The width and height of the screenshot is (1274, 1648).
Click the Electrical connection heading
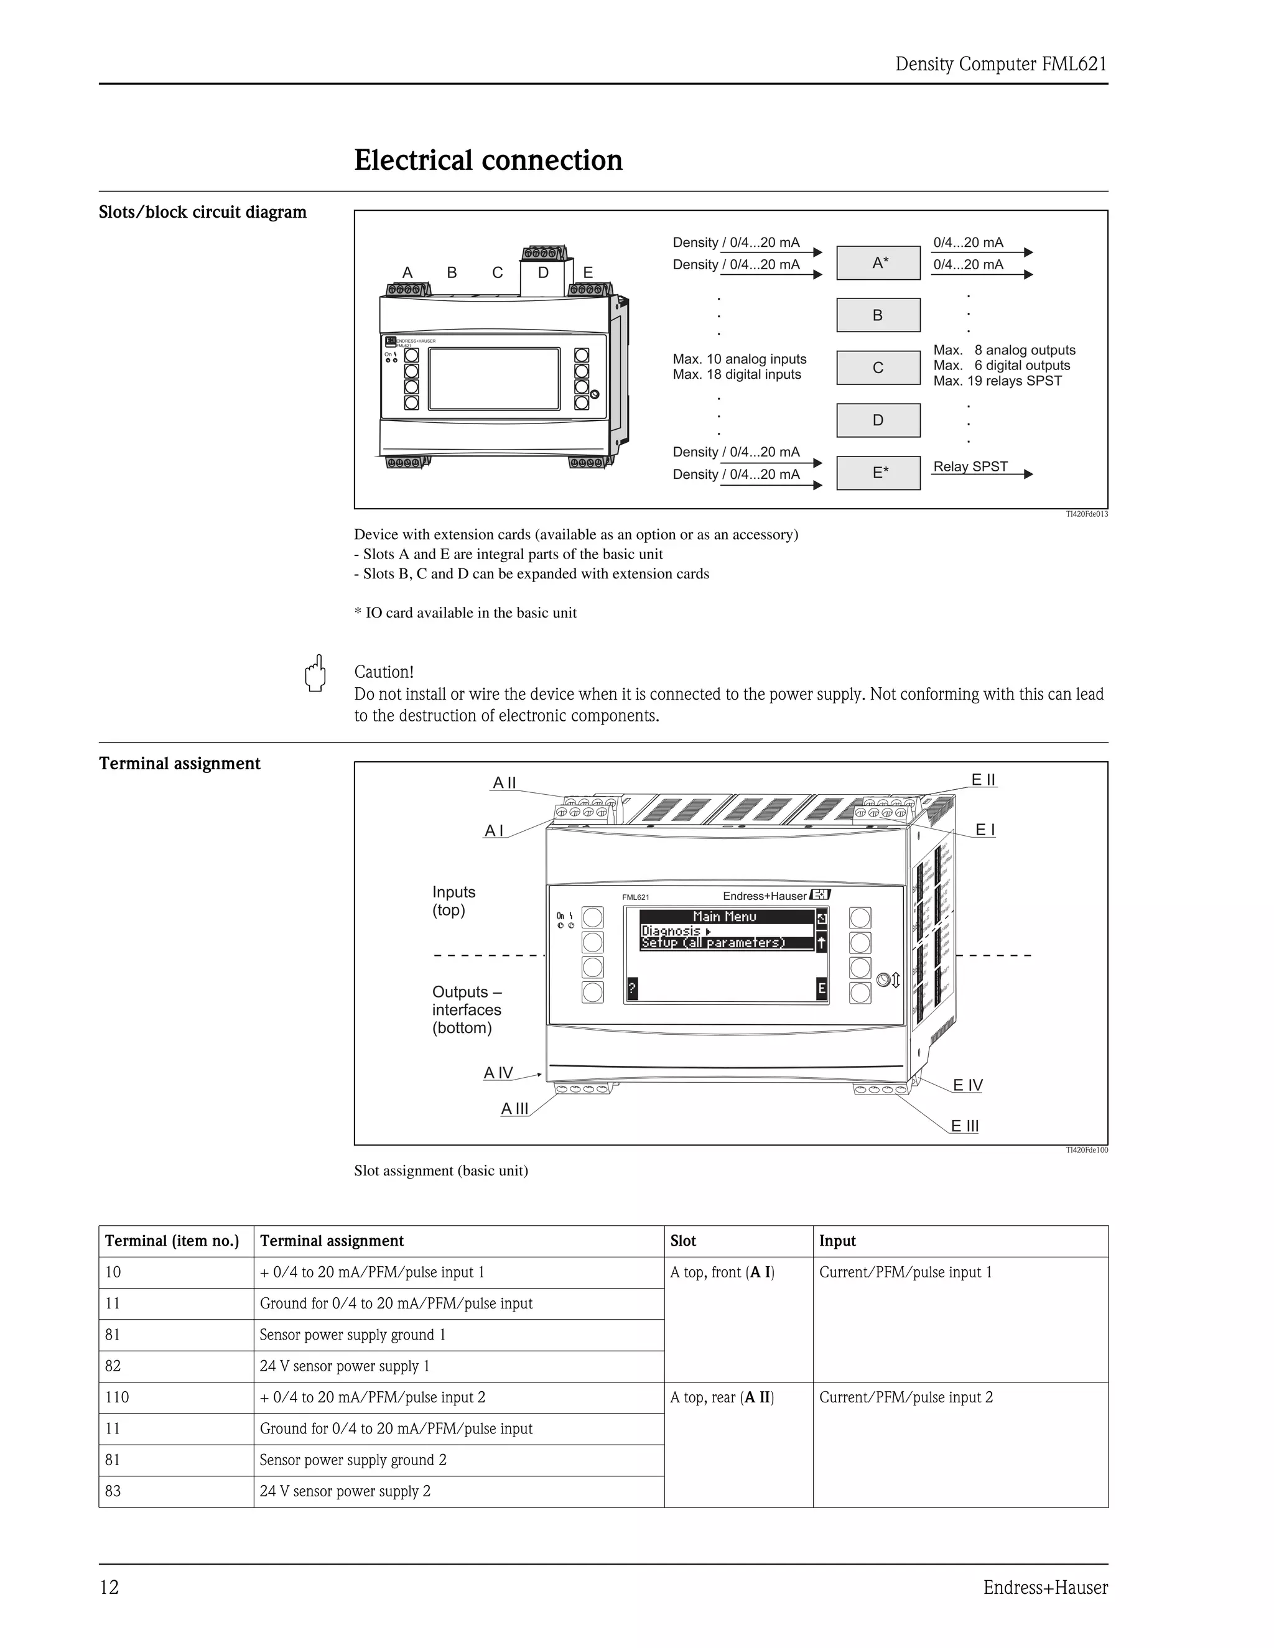(488, 160)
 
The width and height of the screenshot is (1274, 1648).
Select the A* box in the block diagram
(878, 262)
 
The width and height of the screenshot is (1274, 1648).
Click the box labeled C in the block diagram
(878, 368)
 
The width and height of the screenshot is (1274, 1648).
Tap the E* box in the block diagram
(878, 473)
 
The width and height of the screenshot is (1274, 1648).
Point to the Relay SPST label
(970, 466)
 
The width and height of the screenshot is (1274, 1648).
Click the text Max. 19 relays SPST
(997, 381)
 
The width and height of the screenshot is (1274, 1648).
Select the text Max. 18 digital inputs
(737, 374)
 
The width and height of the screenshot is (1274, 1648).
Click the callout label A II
(504, 782)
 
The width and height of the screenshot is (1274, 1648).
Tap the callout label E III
(965, 1126)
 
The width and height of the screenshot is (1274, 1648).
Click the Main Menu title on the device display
(724, 916)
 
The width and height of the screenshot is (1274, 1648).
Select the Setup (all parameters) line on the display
(714, 942)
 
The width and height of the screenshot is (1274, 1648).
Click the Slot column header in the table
(683, 1241)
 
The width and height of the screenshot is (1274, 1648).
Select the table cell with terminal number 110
(117, 1397)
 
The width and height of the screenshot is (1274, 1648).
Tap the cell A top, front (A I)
(722, 1272)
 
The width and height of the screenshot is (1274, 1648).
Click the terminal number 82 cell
(113, 1366)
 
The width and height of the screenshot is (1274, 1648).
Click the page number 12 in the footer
(109, 1588)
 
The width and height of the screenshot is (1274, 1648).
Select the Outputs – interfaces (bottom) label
(467, 1009)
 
